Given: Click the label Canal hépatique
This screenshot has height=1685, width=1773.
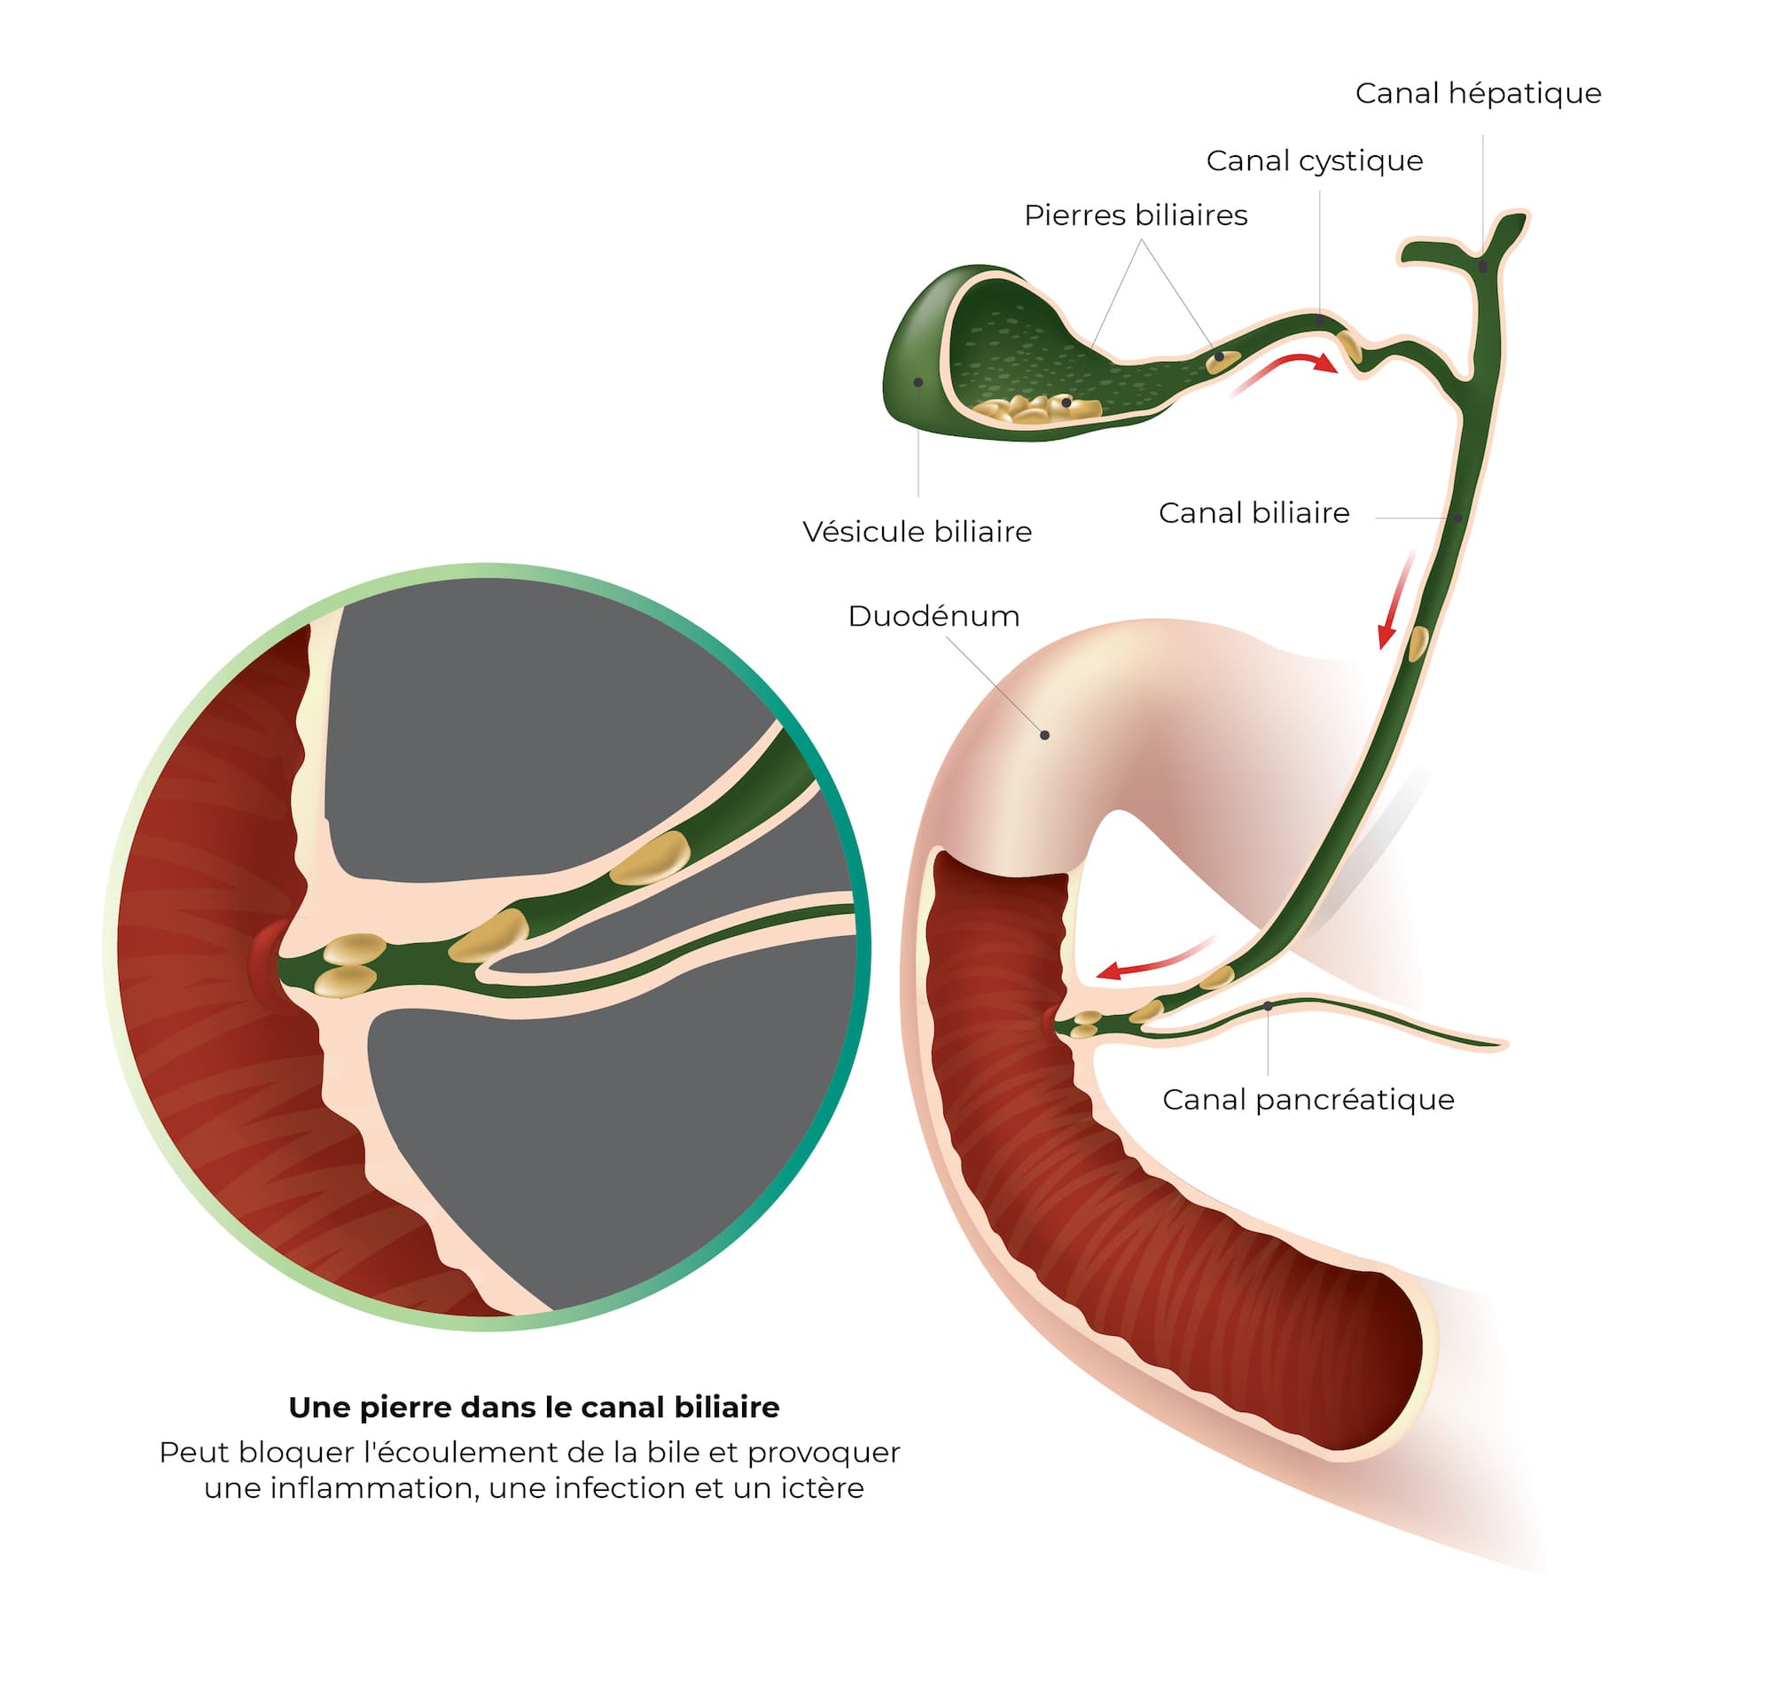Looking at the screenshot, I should point(1478,93).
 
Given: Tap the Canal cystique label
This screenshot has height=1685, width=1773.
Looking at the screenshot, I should point(1314,160).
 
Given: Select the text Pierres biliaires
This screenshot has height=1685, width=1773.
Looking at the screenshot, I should point(1136,215).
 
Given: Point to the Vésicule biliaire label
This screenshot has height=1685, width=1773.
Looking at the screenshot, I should point(917,532).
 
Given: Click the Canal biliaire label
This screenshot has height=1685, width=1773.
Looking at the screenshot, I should point(1254,513).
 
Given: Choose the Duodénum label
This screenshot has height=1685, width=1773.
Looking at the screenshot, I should point(933,616).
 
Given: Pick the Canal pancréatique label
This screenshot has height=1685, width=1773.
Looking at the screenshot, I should point(1308,1099).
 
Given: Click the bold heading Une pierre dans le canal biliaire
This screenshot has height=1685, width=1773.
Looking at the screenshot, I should point(534,1408).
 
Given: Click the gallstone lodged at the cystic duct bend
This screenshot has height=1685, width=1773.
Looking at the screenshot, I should point(1349,346).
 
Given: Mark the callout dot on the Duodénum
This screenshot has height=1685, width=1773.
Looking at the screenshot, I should point(1044,735).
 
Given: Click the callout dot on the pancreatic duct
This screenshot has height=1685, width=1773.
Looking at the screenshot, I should point(1268,1006).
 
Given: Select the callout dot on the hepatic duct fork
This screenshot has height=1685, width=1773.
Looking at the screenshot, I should point(1483,266).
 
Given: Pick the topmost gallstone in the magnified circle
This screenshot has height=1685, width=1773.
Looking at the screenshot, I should point(652,857).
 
